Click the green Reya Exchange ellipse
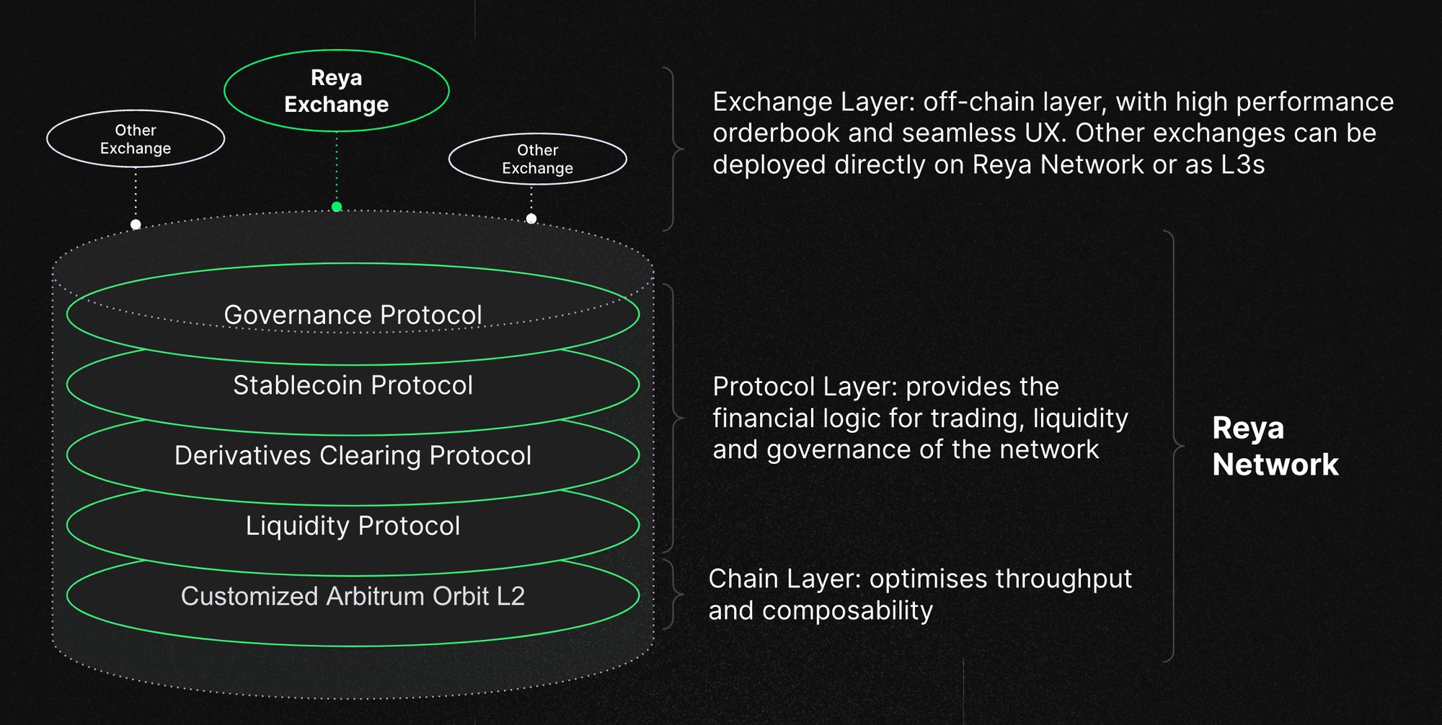[x=337, y=91]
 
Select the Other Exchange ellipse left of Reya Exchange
[x=136, y=139]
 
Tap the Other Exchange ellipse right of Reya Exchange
[x=537, y=159]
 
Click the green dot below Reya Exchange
[x=337, y=207]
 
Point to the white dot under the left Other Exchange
[x=136, y=224]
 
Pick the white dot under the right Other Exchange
[x=531, y=219]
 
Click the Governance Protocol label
[x=353, y=315]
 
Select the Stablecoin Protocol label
[x=353, y=385]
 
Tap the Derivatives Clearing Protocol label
[x=353, y=456]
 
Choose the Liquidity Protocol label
[x=353, y=526]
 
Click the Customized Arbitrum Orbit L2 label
[x=353, y=596]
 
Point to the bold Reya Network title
[x=1275, y=446]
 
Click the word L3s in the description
[x=1242, y=165]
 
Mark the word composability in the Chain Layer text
[x=847, y=611]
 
